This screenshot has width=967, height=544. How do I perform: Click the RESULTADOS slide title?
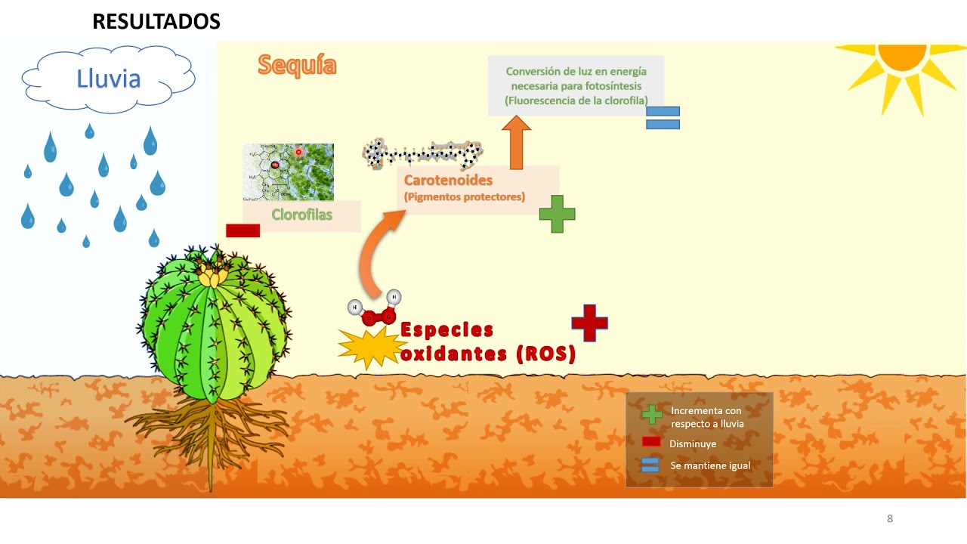point(156,22)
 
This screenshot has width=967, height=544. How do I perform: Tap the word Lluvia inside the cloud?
point(109,79)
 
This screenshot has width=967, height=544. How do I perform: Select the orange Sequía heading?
point(297,65)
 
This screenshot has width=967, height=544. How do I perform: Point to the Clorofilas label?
point(301,215)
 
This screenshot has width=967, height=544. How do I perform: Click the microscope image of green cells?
point(288,172)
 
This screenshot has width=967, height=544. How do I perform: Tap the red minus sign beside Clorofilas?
point(243,230)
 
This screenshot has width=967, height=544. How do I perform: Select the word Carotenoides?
point(448,181)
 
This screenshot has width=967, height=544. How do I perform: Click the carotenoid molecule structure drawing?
point(423,153)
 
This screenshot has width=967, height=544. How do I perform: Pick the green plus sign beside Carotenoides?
point(557,214)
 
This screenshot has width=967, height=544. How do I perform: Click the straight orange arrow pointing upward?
point(517,143)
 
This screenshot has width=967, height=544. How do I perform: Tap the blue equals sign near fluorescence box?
point(663,118)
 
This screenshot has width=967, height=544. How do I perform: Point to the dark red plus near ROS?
point(589,323)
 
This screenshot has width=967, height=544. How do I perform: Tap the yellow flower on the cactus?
point(211,275)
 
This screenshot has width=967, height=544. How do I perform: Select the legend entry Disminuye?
point(692,444)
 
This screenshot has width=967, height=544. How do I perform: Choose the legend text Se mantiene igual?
point(710,465)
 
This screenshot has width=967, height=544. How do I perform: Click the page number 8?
point(890,518)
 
